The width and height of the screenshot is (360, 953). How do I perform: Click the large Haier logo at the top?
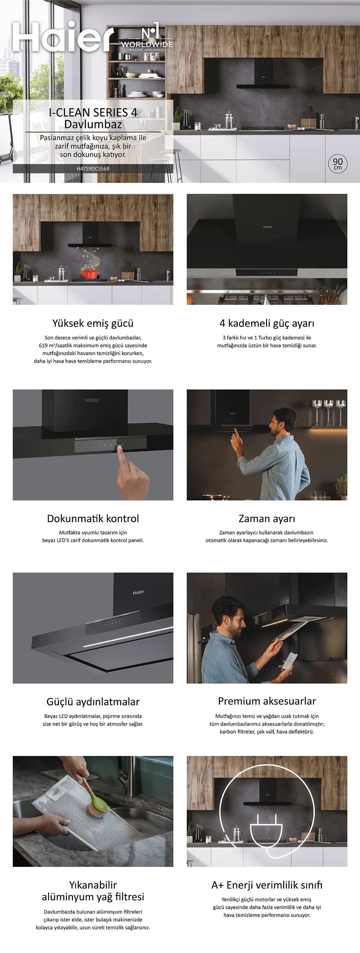(x=63, y=37)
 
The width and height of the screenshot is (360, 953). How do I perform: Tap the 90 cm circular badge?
(x=337, y=164)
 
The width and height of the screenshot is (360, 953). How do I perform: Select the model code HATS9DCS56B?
(x=93, y=169)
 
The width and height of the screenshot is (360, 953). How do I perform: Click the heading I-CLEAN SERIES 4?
(x=93, y=112)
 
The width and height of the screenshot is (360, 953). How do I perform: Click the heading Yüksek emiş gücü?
(x=93, y=323)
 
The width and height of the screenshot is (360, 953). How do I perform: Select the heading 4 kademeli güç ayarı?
(x=267, y=323)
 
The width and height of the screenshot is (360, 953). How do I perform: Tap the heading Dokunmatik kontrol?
(x=93, y=518)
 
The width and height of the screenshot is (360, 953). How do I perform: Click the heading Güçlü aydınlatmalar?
(x=93, y=702)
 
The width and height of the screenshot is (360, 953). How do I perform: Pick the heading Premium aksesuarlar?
(x=267, y=701)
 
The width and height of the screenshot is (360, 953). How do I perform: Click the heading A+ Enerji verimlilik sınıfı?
(x=267, y=885)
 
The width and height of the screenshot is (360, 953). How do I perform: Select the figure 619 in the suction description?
(x=43, y=346)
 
